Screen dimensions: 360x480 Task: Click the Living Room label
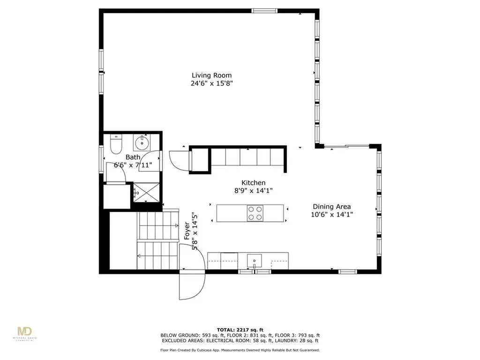(x=211, y=75)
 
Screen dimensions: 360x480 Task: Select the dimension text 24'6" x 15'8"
(x=211, y=83)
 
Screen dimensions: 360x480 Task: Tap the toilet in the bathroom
(x=115, y=143)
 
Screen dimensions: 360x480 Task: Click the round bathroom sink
(x=142, y=141)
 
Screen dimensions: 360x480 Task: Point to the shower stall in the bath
(x=147, y=193)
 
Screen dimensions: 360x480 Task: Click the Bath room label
(x=133, y=157)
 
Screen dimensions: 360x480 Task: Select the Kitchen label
(x=253, y=183)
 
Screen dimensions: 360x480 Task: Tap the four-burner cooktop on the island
(x=255, y=213)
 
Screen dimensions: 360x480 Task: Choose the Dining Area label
(x=332, y=206)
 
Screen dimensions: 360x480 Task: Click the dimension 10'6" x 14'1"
(x=332, y=214)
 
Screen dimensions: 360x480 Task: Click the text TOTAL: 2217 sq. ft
(x=240, y=330)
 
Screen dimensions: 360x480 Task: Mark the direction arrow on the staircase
(x=139, y=255)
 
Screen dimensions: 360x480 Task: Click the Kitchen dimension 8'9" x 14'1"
(x=253, y=191)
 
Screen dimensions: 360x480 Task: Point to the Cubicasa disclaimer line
(x=240, y=350)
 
